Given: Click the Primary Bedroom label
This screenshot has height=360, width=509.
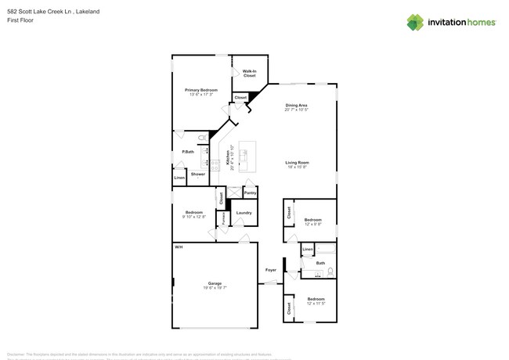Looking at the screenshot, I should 201,90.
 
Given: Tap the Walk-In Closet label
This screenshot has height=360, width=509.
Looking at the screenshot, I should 249,73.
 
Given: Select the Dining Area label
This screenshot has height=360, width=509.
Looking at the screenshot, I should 296,105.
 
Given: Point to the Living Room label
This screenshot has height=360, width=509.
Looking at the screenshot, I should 297,162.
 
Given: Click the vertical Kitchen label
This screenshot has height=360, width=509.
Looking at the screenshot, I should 228,160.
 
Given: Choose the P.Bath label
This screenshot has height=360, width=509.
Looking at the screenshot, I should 188,151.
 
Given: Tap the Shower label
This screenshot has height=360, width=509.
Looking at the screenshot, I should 198,174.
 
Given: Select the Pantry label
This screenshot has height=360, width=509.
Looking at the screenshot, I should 250,193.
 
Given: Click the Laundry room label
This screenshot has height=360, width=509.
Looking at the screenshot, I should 244,212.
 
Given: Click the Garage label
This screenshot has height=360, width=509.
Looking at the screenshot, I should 215,283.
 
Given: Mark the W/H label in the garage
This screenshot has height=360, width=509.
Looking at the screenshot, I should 179,247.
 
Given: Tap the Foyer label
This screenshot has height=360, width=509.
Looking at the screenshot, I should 271,270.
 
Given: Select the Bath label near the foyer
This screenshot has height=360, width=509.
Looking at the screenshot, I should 320,263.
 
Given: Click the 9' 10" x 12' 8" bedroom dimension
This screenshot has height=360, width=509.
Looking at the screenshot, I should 194,217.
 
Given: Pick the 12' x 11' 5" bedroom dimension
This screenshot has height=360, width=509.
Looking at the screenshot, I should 316,303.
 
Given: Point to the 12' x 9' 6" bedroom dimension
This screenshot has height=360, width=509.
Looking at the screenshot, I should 313,224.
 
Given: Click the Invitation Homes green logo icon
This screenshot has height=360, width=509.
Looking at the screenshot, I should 415,23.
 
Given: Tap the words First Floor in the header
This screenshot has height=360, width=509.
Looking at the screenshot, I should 20,20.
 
